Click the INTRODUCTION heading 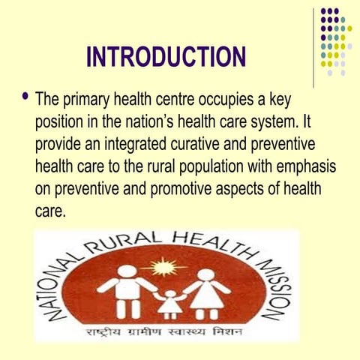(166, 56)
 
